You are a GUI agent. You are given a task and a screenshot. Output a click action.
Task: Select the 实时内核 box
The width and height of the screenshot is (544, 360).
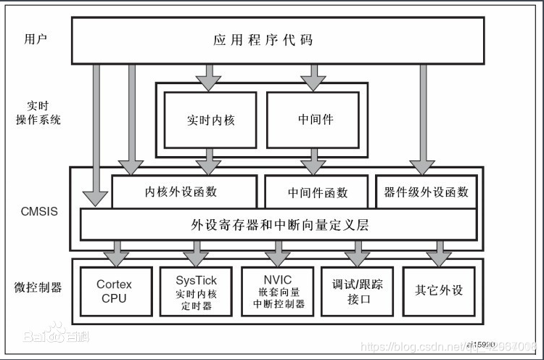pyautogui.click(x=210, y=119)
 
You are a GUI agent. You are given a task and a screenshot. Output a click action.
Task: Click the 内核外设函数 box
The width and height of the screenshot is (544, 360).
pyautogui.click(x=184, y=192)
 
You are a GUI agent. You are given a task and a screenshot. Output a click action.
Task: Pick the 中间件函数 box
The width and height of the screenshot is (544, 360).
pyautogui.click(x=318, y=192)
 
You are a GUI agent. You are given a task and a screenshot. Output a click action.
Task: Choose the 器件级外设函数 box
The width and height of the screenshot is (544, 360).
pyautogui.click(x=426, y=192)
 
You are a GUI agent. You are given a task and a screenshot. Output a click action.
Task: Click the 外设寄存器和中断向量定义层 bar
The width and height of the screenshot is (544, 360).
pyautogui.click(x=279, y=224)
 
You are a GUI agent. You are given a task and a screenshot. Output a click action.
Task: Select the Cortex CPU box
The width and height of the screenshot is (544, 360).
pyautogui.click(x=114, y=291)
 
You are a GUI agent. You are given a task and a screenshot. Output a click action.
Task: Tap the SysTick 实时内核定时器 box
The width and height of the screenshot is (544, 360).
pyautogui.click(x=196, y=291)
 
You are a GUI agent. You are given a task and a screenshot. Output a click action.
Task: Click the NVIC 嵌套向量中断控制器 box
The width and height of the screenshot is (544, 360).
pyautogui.click(x=279, y=291)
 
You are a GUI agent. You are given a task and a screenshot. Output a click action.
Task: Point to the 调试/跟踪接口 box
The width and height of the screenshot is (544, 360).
pyautogui.click(x=357, y=291)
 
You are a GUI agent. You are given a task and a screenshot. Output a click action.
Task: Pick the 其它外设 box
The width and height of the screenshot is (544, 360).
pyautogui.click(x=438, y=291)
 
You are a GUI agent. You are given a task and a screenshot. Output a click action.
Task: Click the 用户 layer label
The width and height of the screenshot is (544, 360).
pyautogui.click(x=36, y=38)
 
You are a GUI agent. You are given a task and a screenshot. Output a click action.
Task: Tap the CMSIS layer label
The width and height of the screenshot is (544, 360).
pyautogui.click(x=39, y=212)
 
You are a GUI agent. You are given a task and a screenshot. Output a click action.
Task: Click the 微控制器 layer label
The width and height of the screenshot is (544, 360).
pyautogui.click(x=38, y=287)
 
